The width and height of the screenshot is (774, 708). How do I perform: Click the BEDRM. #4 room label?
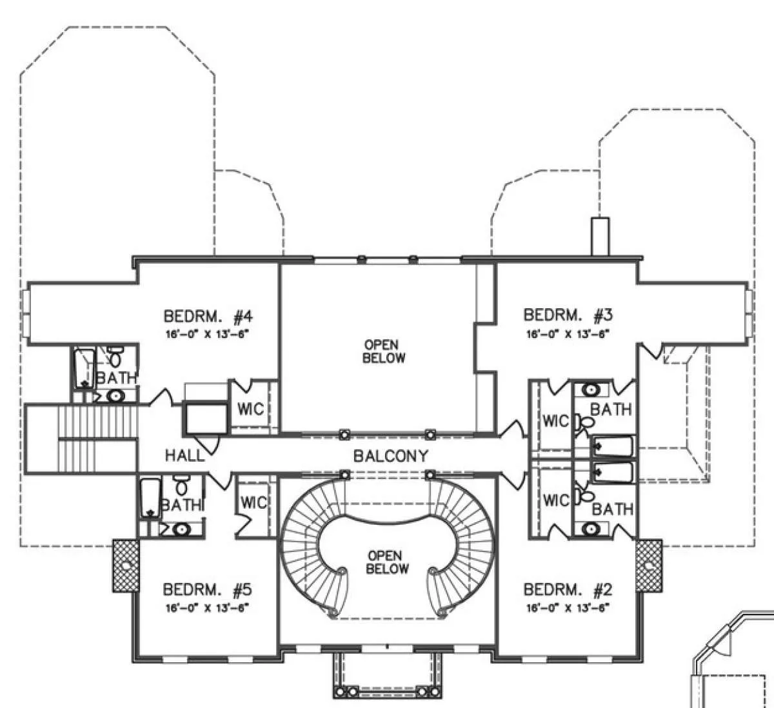[208, 317]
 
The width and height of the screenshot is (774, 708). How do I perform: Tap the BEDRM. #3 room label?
[568, 315]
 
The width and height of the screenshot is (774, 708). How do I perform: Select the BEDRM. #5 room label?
[207, 589]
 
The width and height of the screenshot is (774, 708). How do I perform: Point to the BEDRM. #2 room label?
[568, 589]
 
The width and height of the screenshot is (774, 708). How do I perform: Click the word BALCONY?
[390, 456]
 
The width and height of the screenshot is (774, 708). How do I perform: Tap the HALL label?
[185, 456]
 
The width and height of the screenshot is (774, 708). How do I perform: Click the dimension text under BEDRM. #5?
[207, 609]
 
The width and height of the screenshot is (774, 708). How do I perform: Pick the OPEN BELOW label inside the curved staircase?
[386, 562]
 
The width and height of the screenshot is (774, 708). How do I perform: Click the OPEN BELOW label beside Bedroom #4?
[384, 351]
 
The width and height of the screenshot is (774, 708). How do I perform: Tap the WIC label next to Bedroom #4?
[251, 409]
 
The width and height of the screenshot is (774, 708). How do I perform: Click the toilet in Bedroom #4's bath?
[115, 357]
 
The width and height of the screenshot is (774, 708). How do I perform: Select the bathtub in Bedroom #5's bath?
[150, 498]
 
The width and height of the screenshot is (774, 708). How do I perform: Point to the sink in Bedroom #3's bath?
[591, 389]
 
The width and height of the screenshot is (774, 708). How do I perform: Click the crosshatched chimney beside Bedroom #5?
[125, 565]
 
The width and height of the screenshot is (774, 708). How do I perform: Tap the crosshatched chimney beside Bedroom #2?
[649, 565]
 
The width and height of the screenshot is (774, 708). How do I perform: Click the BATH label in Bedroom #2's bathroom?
[613, 509]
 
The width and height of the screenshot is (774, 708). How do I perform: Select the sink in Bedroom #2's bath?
[591, 529]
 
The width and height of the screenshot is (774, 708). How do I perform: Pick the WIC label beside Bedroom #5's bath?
[253, 503]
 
